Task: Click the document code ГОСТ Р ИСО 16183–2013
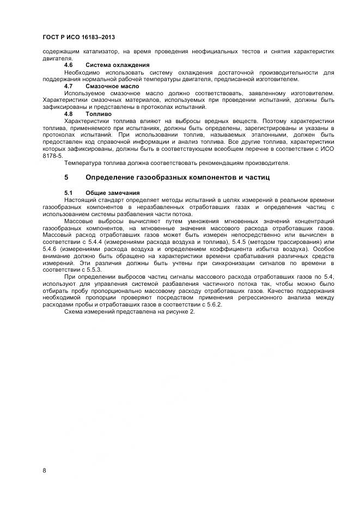pyautogui.click(x=78, y=38)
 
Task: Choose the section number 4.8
pyautogui.click(x=69, y=114)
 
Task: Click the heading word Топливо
pyautogui.click(x=98, y=114)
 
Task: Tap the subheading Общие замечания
pyautogui.click(x=113, y=193)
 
